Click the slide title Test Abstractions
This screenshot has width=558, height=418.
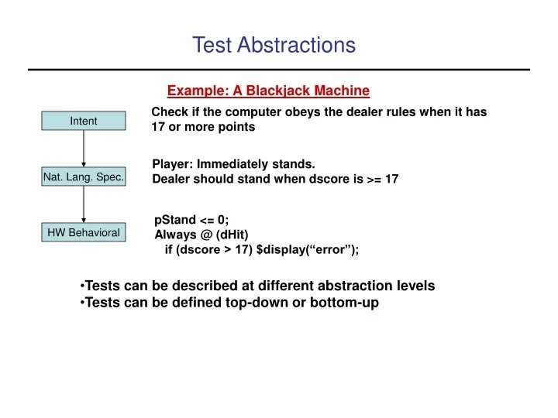click(274, 46)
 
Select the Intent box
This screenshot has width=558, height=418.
click(83, 122)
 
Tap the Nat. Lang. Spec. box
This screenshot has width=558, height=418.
click(83, 178)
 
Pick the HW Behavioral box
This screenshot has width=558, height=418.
click(83, 232)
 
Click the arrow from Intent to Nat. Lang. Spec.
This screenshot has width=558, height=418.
click(83, 149)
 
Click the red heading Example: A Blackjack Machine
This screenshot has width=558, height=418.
click(268, 91)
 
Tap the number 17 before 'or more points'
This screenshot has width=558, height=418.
click(158, 127)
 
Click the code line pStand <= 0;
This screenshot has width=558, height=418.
click(191, 219)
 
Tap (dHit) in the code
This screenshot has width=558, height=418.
click(232, 235)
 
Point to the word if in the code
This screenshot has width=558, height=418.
click(169, 249)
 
